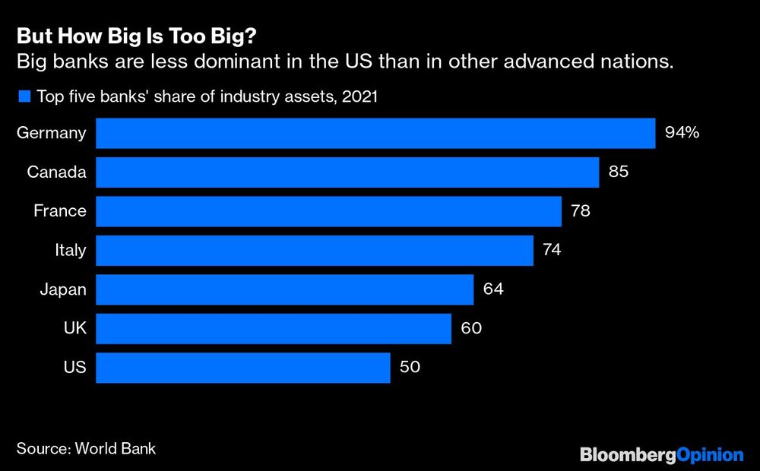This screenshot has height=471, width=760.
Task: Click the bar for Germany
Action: tap(375, 133)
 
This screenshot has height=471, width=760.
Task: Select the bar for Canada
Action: tap(347, 172)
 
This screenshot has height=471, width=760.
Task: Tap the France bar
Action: tap(328, 211)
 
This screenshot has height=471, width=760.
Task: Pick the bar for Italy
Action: tap(315, 250)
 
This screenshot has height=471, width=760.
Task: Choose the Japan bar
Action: tap(285, 289)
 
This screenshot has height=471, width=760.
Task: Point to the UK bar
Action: tap(274, 328)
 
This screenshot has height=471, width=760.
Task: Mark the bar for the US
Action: tap(243, 368)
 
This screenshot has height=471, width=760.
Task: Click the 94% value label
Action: tap(682, 133)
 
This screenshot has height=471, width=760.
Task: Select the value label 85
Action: tap(619, 172)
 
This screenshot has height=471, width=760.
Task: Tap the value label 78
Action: tap(581, 211)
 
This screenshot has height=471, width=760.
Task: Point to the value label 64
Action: tap(493, 289)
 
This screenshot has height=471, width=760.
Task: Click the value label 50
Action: tap(410, 368)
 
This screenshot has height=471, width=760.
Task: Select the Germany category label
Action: tap(51, 133)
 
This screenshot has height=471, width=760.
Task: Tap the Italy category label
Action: tap(71, 250)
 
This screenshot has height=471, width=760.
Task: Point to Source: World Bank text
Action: tap(86, 448)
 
